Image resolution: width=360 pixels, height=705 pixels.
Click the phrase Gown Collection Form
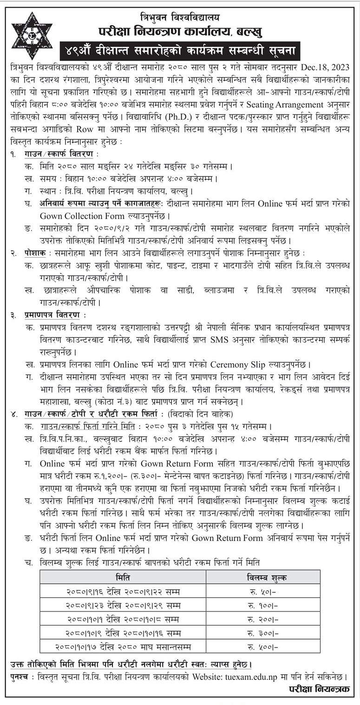tap(76, 216)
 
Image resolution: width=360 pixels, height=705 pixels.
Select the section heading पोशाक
tap(35, 253)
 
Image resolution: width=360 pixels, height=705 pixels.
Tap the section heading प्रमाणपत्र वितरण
tap(52, 315)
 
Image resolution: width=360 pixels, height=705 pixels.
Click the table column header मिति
tap(123, 577)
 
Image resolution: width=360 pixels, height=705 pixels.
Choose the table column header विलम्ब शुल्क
tap(265, 577)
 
